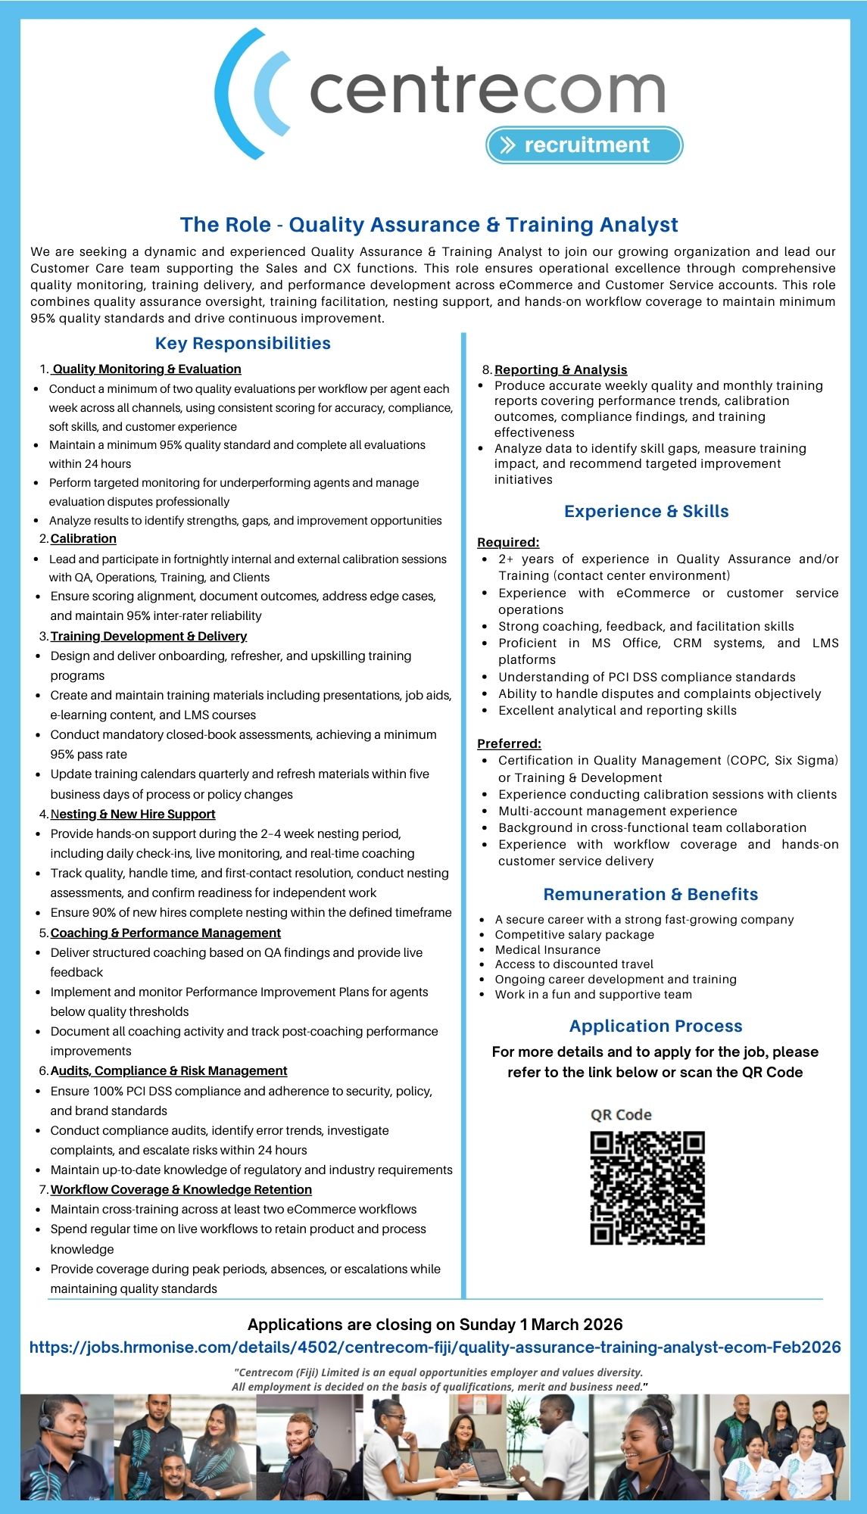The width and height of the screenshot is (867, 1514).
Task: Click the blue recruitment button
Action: coord(584,145)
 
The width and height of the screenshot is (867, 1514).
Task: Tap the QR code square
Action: coord(647,1188)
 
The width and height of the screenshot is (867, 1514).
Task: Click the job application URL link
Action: coord(435,1347)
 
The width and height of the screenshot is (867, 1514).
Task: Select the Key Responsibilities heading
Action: coord(242,344)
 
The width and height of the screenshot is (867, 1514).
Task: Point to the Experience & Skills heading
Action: coord(646,512)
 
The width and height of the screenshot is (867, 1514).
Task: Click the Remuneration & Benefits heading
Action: coord(650,895)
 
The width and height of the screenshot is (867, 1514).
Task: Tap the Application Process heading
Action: coord(656,1026)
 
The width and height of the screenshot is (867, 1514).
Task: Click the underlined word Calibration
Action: coord(83,539)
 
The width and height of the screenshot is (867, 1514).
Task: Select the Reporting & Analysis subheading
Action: coord(560,369)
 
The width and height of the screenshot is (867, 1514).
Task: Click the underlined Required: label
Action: coord(508,543)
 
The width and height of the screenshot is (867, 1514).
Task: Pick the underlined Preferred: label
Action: coord(509,744)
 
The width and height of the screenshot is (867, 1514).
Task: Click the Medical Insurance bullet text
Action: coord(547,950)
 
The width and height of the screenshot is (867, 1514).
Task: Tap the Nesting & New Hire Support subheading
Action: coord(133,815)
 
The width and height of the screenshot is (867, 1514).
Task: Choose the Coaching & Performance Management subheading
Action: coord(165,933)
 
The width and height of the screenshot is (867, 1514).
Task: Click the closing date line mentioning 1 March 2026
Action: coord(435,1325)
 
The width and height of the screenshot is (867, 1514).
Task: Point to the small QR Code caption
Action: coord(621,1115)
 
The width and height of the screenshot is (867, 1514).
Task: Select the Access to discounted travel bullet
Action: coord(574,964)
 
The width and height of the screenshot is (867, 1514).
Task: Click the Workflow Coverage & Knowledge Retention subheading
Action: coord(181,1190)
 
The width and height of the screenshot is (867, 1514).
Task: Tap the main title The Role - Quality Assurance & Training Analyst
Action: coord(429,225)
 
